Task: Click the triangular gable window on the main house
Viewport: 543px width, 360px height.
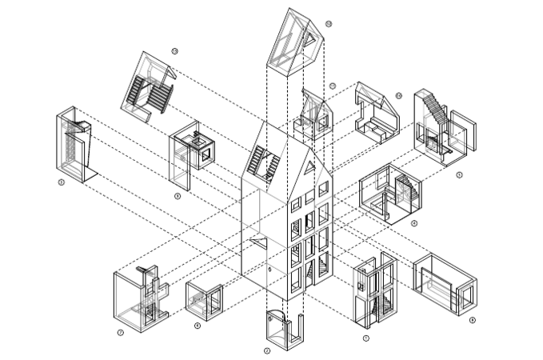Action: pyautogui.click(x=309, y=168)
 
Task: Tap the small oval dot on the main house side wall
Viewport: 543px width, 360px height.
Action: pyautogui.click(x=271, y=270)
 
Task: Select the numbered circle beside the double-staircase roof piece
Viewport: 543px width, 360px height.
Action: pyautogui.click(x=174, y=51)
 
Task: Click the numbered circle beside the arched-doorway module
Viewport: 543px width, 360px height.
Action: pyautogui.click(x=267, y=350)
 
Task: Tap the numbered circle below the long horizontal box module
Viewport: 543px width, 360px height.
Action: pyautogui.click(x=473, y=320)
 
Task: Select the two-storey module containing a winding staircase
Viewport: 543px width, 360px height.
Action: pyautogui.click(x=375, y=292)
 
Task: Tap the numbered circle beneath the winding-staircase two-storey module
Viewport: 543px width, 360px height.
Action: pyautogui.click(x=365, y=338)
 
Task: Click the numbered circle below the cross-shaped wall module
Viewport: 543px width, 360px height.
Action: pyautogui.click(x=119, y=332)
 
